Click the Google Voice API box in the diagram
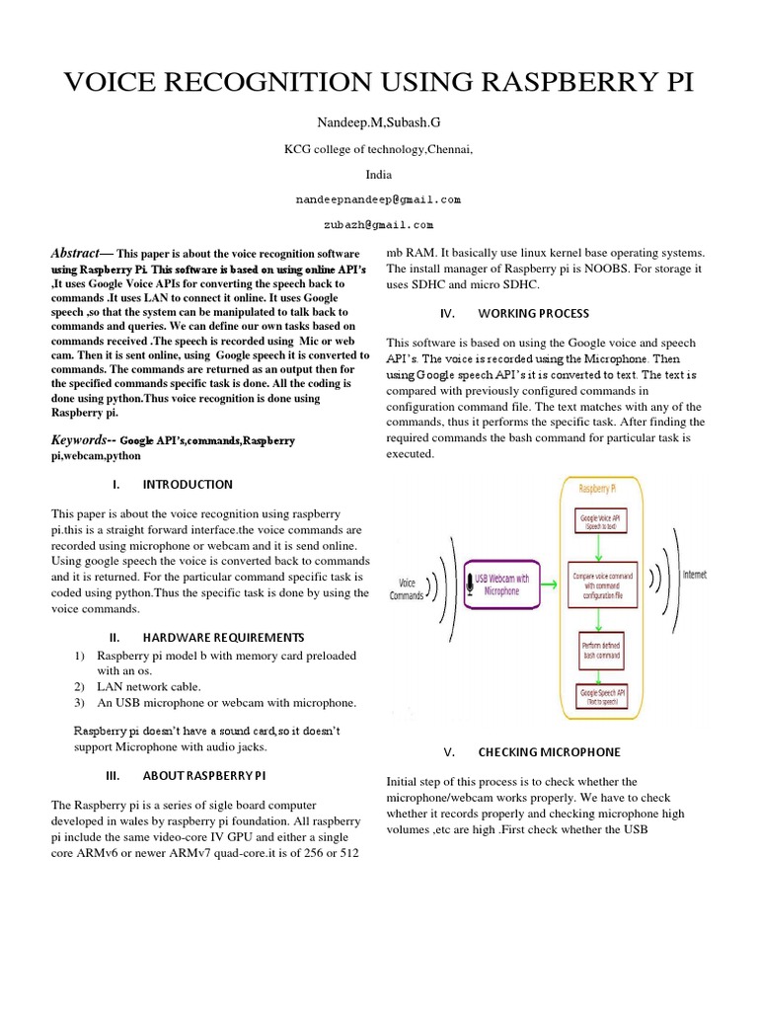click(600, 521)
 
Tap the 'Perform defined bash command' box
click(600, 649)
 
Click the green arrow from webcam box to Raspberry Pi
click(554, 583)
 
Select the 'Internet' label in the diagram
click(695, 575)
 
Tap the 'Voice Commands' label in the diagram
click(408, 589)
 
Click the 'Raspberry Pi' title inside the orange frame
click(600, 488)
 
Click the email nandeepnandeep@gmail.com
click(379, 199)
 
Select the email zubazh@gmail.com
click(379, 225)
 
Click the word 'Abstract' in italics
click(75, 254)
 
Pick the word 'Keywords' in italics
click(79, 439)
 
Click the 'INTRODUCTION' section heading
click(188, 485)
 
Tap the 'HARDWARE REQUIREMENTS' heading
click(220, 638)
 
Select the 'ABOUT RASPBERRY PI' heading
click(204, 775)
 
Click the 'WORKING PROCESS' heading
click(535, 313)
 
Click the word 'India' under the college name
click(379, 174)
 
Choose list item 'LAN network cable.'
click(148, 686)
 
